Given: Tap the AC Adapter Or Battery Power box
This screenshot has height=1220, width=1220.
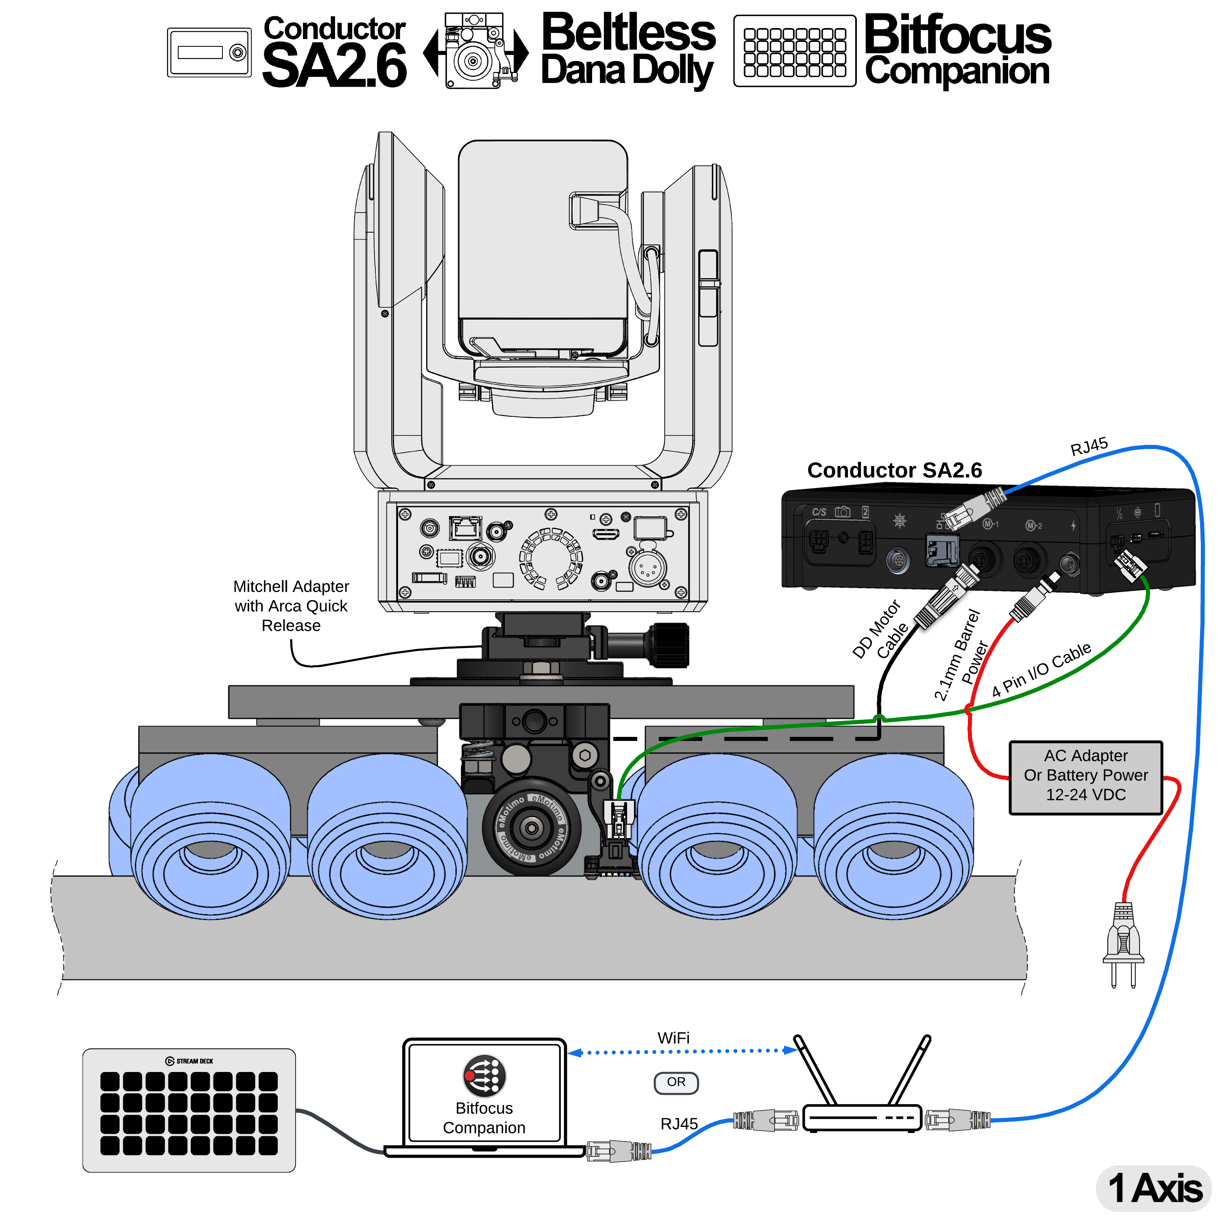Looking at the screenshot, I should [1085, 777].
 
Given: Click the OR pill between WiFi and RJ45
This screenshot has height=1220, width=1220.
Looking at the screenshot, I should [675, 1082].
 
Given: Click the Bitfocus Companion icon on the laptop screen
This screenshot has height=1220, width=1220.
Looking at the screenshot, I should [484, 1075].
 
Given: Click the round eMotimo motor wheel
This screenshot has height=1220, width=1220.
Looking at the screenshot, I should [531, 827].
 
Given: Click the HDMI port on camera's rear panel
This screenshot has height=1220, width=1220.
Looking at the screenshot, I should [606, 535].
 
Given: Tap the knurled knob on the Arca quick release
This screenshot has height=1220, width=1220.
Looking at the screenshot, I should [669, 645].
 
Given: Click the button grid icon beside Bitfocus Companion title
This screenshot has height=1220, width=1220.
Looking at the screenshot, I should [794, 52].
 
